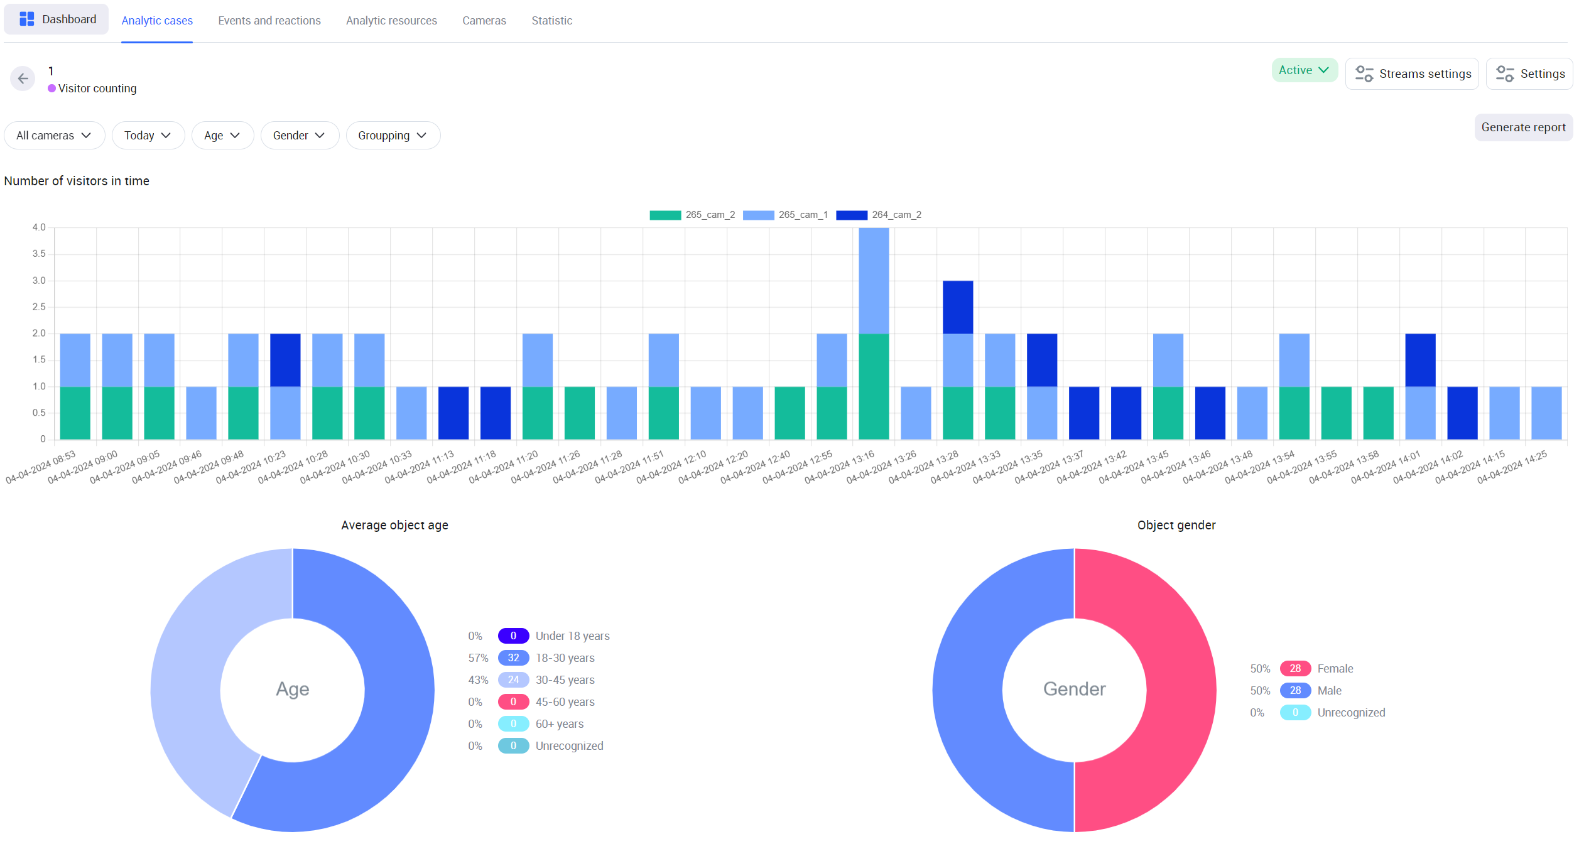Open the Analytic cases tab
[x=157, y=21]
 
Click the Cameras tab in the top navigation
[x=484, y=21]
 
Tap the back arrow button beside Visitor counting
[x=23, y=78]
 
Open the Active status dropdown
[x=1304, y=70]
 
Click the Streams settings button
[x=1412, y=74]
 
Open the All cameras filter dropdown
[x=54, y=136]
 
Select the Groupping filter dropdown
[x=393, y=136]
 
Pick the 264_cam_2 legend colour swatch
[x=851, y=215]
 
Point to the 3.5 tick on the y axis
[x=39, y=254]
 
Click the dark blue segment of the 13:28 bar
[x=958, y=307]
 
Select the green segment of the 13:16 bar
[x=874, y=386]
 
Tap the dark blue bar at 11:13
[x=453, y=413]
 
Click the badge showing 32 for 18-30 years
[x=513, y=658]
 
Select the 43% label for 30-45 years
[x=478, y=680]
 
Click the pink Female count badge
[x=1295, y=669]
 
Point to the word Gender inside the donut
[x=1074, y=690]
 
